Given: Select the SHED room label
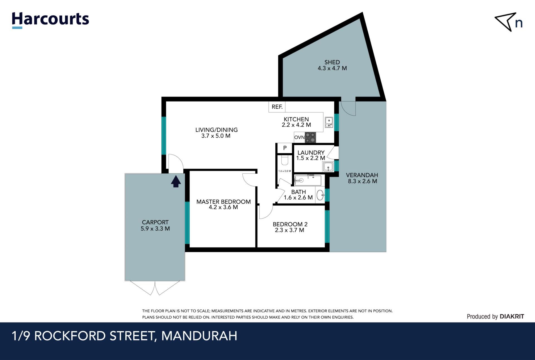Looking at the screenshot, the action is pos(332,62).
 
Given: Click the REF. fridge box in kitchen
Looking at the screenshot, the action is pos(277,107).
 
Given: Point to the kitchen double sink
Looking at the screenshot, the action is pos(329,122).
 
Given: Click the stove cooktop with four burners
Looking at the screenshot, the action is pos(310,137).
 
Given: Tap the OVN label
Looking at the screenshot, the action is pos(300,137).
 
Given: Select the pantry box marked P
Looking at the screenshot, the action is pos(285,148).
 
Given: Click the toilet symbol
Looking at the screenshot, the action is pos(284,161).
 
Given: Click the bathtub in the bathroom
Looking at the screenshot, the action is pos(308,180).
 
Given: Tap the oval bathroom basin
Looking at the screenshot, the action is pos(320,195).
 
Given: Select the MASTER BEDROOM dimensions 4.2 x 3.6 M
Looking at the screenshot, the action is pos(223,207).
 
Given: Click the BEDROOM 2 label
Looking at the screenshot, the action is pos(290,224).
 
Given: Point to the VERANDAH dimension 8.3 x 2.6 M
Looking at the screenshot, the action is pos(362,181).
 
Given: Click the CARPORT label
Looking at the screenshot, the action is pos(155,222).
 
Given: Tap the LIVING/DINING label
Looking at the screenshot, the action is pos(217,130).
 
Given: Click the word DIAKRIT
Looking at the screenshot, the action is pos(512,317).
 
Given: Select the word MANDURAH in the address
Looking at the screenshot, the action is pos(199,336).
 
